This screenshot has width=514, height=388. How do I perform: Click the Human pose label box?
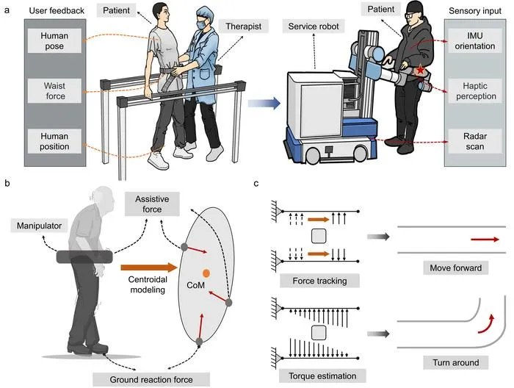54,40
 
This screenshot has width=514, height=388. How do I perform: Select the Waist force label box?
54,91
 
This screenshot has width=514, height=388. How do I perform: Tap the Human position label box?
54,141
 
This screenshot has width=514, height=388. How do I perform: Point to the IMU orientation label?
474,40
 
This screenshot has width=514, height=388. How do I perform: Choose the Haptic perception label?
474,91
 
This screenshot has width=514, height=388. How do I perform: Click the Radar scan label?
474,141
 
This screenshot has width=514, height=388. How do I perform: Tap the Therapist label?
244,26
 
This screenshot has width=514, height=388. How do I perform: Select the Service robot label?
314,26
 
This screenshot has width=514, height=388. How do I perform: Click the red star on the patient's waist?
420,70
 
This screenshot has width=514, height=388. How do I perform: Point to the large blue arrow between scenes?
264,104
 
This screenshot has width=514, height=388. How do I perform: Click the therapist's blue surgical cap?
205,15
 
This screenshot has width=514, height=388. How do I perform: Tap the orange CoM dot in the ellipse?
206,273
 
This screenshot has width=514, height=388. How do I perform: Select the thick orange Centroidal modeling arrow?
149,267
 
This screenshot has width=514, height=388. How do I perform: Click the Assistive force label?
152,204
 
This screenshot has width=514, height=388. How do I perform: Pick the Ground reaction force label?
151,379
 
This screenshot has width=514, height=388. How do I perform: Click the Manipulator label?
40,226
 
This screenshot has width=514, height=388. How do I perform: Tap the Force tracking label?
319,281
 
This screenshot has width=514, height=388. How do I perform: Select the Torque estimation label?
322,376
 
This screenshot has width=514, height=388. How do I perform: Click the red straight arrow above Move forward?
485,240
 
